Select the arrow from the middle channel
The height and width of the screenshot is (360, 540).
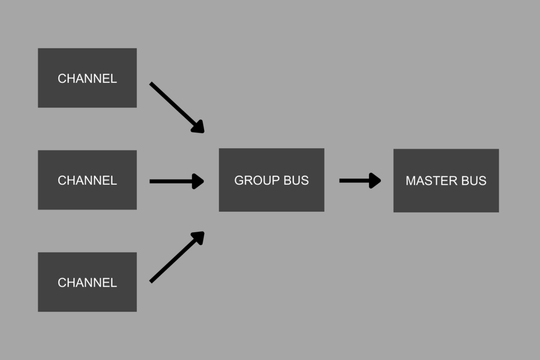[171, 181]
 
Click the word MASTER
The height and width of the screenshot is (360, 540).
[427, 181]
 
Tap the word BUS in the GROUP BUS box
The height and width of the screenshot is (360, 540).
[296, 180]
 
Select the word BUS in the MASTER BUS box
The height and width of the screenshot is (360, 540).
[474, 181]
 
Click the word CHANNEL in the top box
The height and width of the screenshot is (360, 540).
[87, 79]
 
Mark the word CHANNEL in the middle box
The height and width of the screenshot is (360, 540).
[87, 180]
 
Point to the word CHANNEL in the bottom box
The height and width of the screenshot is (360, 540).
[87, 283]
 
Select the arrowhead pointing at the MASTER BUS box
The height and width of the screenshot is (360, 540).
[375, 180]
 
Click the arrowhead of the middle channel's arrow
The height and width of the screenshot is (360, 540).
[198, 181]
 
